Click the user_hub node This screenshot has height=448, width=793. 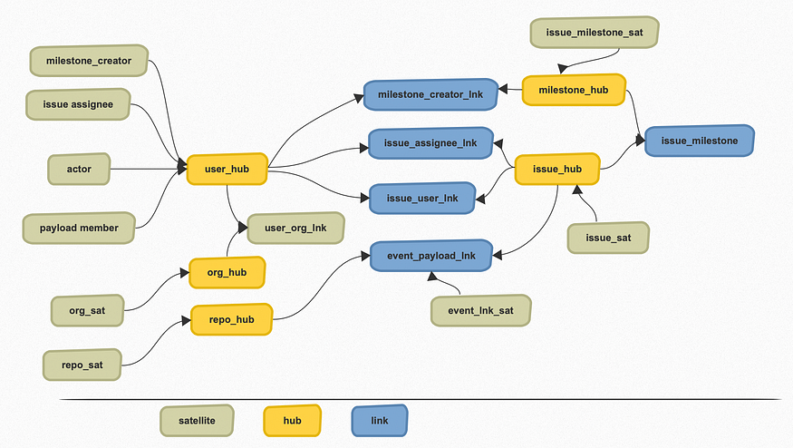point(227,170)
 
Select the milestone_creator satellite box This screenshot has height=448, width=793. point(88,62)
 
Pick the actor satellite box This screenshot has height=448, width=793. point(79,170)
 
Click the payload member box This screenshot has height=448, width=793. point(79,228)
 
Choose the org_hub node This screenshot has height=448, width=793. point(227,272)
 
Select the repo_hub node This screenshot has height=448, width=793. point(231,319)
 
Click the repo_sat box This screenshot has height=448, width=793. point(82,365)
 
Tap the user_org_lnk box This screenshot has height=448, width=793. point(295,228)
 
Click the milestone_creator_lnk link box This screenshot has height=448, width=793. point(430,94)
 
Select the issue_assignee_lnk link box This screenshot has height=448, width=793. point(430,143)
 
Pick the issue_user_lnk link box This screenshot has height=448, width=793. point(421,198)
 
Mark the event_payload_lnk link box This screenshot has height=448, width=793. point(430,256)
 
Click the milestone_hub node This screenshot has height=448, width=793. point(575,90)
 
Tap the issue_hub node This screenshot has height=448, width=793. point(556,170)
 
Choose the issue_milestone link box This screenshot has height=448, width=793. point(699,141)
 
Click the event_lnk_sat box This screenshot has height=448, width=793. point(480,310)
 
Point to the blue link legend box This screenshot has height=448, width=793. point(379,421)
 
